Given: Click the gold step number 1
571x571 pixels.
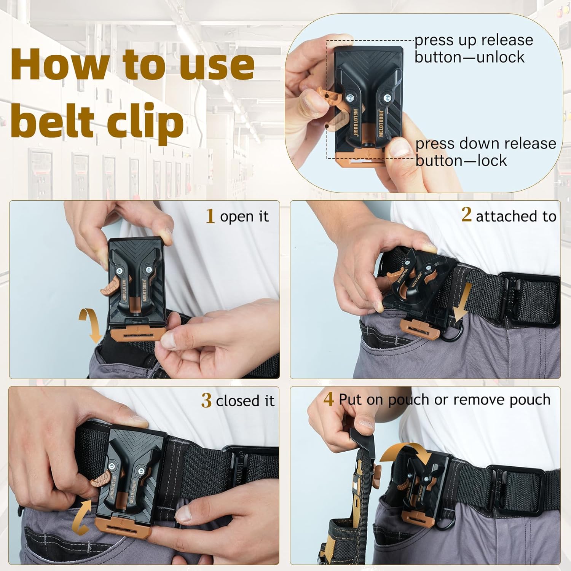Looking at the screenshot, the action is [x=210, y=216].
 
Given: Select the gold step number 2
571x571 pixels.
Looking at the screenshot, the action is [x=466, y=215].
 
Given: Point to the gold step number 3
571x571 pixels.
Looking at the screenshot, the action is [x=206, y=401].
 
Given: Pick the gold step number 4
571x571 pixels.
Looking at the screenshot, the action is [x=329, y=399].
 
